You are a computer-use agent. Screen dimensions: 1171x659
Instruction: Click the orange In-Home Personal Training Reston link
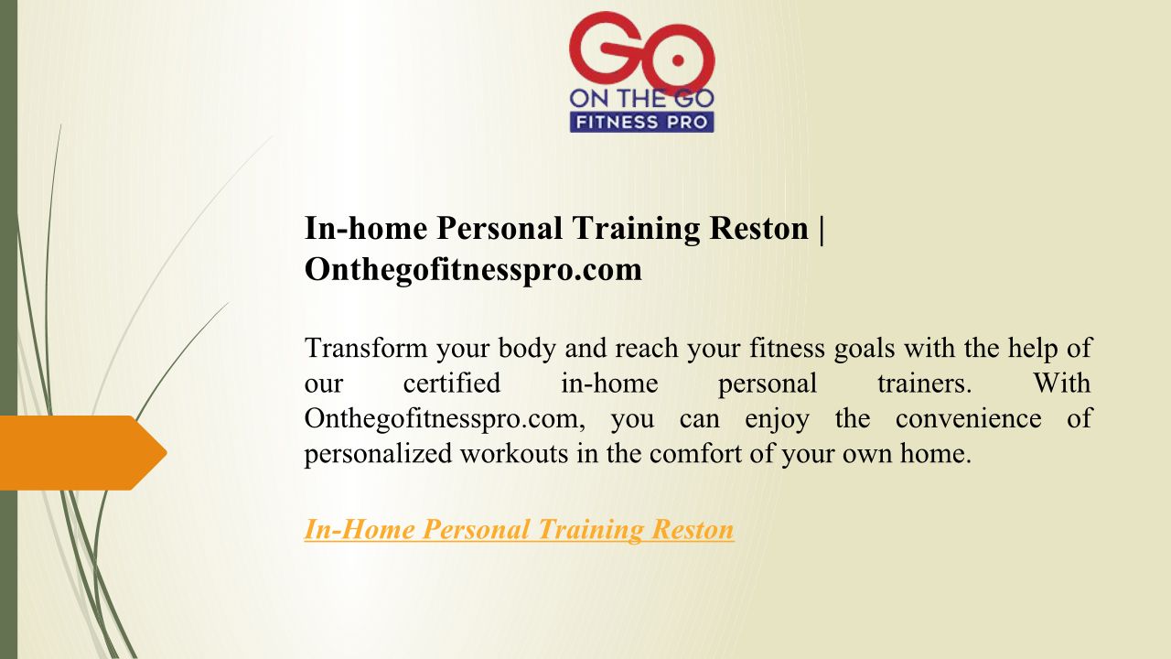519,529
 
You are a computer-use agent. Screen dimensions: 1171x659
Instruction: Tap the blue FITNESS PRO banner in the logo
641,123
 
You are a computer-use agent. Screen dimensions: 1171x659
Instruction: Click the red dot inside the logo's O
678,60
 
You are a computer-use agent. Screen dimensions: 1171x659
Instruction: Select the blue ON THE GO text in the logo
641,99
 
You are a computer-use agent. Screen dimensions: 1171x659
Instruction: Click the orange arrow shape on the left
83,453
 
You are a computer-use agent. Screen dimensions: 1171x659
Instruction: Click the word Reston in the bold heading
758,229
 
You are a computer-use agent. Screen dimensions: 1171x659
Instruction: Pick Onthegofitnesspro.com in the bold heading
473,270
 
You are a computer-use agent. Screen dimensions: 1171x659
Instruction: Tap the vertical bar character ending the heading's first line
822,230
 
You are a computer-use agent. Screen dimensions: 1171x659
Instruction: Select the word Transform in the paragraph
366,348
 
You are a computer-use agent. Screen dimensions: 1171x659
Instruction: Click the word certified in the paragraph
452,383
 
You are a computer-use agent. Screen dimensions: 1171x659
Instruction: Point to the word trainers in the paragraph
924,383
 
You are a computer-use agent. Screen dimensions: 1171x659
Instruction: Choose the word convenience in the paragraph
969,418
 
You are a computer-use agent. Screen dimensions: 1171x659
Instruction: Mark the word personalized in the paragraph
378,453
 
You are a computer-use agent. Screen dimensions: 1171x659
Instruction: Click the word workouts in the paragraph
514,453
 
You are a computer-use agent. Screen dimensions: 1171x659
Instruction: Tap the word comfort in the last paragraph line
695,453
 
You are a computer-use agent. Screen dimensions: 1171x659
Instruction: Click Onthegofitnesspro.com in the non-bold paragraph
445,419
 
